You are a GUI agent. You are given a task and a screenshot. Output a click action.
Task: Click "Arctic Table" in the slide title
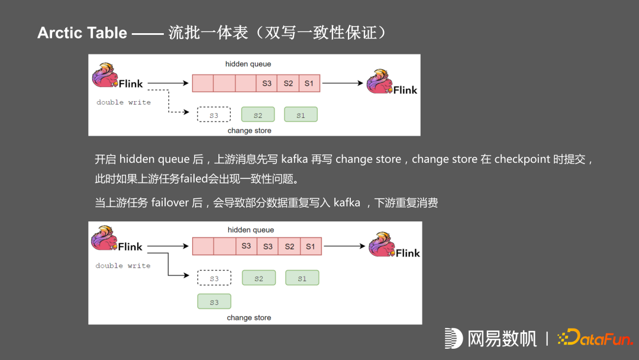tap(82, 33)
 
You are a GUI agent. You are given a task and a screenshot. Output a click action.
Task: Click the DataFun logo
tap(595, 338)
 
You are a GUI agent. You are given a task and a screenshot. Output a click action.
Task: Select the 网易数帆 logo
tap(490, 338)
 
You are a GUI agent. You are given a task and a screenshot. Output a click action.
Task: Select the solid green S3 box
tap(214, 302)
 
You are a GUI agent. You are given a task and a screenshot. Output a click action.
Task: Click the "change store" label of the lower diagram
tap(249, 318)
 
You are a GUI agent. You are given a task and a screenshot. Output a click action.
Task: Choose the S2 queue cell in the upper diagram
tap(288, 83)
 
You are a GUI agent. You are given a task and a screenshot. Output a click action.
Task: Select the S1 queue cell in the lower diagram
tap(311, 246)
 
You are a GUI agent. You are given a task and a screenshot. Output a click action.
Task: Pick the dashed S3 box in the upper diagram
tap(214, 115)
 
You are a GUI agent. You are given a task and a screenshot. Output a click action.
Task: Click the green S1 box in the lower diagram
tap(302, 278)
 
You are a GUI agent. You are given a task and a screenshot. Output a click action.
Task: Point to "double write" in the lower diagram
tap(123, 266)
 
